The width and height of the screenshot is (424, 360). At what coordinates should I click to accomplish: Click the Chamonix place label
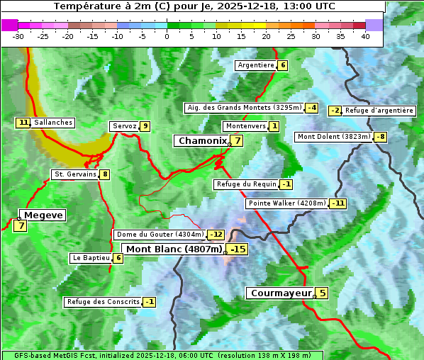[x=202, y=141]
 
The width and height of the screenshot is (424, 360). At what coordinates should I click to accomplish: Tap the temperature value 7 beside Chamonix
[x=238, y=141]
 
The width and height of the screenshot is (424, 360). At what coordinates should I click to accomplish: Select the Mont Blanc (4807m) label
[x=174, y=249]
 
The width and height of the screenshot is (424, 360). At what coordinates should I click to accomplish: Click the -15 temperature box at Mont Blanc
[x=238, y=249]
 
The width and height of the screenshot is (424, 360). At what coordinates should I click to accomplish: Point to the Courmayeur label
[x=281, y=293]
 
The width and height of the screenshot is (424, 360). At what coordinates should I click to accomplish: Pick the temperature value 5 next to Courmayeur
[x=322, y=293]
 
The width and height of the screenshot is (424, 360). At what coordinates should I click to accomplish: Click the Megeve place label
[x=43, y=215]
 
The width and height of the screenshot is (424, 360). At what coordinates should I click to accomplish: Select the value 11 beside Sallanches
[x=23, y=123]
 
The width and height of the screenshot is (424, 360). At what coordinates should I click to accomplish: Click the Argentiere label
[x=256, y=65]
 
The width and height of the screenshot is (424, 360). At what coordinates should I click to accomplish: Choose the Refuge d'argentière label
[x=379, y=111]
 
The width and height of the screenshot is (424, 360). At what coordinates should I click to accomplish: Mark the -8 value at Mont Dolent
[x=381, y=137]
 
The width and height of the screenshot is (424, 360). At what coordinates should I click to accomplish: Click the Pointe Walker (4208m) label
[x=287, y=203]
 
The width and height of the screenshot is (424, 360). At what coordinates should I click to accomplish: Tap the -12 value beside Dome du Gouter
[x=216, y=235]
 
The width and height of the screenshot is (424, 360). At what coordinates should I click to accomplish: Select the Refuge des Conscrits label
[x=103, y=302]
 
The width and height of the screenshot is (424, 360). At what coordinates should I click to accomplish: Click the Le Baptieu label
[x=91, y=258]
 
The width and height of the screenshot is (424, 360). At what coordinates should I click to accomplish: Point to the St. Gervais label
[x=74, y=174]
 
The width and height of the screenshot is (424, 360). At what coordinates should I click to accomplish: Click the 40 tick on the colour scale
[x=365, y=36]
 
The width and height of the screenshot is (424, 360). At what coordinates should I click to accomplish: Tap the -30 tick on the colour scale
[x=18, y=36]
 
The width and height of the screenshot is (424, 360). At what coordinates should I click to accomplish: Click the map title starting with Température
[x=194, y=6]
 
